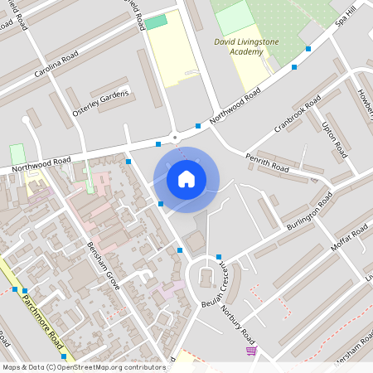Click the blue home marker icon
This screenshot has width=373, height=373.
click(x=186, y=178)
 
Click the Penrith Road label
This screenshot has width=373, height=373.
click(x=267, y=162)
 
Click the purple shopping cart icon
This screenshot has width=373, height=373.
click(x=251, y=351)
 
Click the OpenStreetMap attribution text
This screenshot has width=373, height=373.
click(x=84, y=366)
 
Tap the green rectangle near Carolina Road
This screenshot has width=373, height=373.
click(x=156, y=22)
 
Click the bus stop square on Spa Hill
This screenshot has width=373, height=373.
click(x=308, y=49)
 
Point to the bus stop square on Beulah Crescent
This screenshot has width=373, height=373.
click(x=219, y=257)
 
